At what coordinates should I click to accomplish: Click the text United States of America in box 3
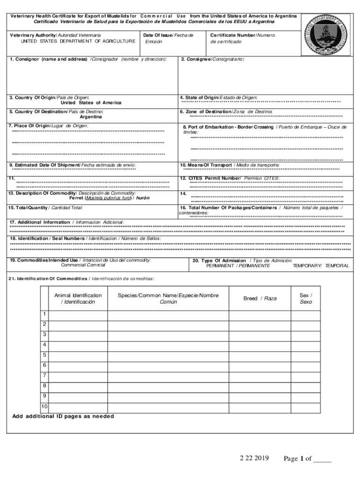[x=91, y=103]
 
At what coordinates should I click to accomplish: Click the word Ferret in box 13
[x=77, y=198]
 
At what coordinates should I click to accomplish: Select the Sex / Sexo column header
[x=306, y=298]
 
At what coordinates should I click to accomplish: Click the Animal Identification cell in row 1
[x=78, y=314]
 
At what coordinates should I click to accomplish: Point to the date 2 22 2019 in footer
[x=253, y=458]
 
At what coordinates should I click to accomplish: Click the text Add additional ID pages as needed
[x=63, y=417]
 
